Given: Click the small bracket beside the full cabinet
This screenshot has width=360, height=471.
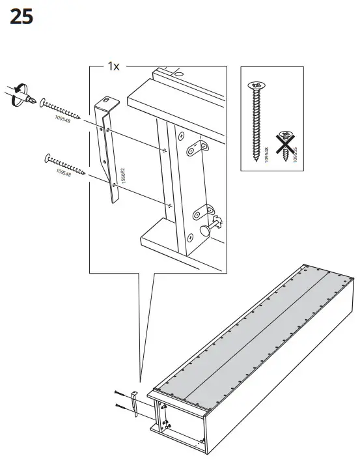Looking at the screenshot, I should [134, 403].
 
